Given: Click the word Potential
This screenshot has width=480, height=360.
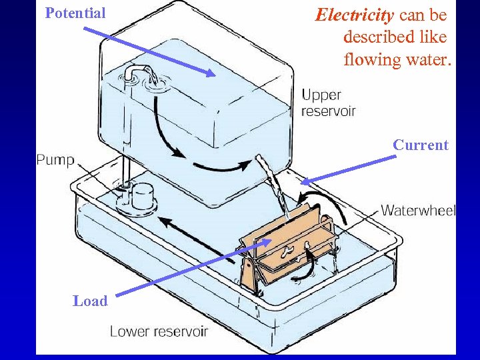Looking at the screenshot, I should pos(75,13).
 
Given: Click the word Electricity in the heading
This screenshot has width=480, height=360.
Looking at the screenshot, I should pos(355,15).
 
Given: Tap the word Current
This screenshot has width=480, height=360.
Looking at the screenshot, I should pos(420,145).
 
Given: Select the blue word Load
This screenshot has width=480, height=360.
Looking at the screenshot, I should pos(90,301).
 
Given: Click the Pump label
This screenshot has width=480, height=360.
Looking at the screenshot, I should pos(55,160).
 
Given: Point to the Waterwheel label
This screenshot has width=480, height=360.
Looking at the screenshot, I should pos(418,211).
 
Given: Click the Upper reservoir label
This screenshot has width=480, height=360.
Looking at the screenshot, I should pos(328,103).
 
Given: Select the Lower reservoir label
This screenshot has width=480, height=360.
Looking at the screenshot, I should pos(159,331).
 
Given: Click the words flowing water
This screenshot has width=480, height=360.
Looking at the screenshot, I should pos(397,59).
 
